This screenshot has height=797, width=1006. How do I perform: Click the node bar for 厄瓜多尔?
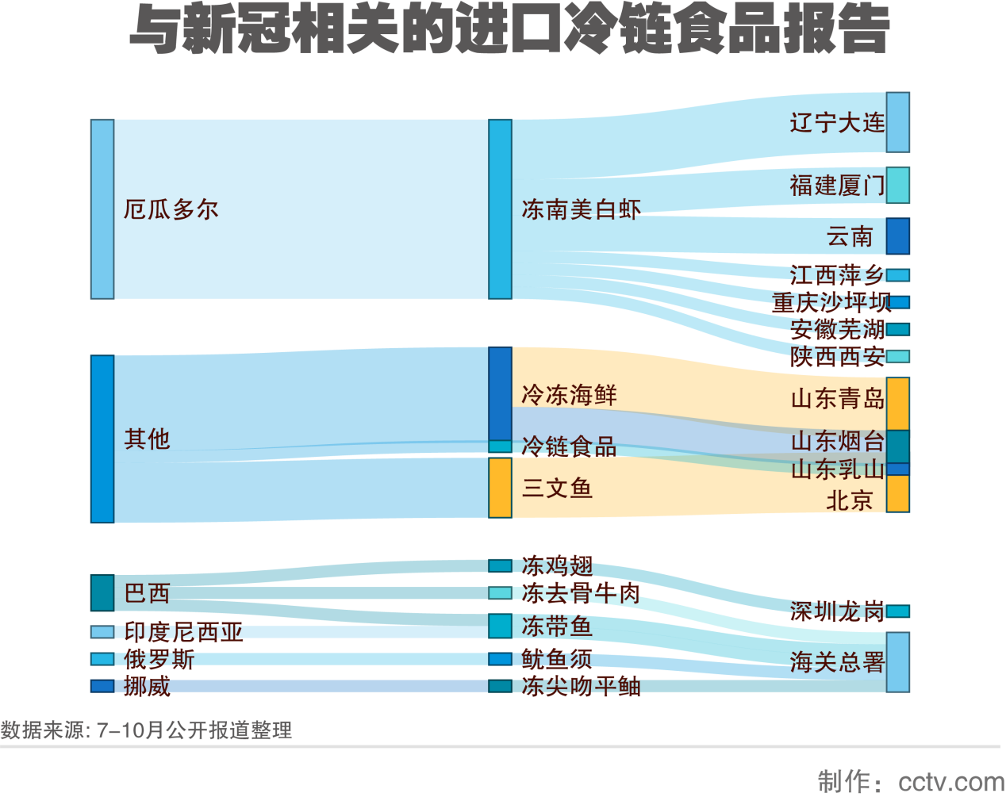pos(102,209)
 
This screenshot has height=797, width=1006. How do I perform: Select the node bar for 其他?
pos(102,439)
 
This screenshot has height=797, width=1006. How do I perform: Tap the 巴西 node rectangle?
pos(102,593)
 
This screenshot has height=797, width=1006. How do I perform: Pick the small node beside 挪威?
pos(102,686)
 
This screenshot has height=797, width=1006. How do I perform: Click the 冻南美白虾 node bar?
pos(500,209)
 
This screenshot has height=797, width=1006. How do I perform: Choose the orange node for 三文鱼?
pos(500,488)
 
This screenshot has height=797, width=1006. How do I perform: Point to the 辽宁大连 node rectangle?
pos(898,122)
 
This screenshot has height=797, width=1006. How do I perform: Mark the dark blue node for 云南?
pos(898,236)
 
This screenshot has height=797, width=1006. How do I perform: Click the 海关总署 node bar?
pos(898,662)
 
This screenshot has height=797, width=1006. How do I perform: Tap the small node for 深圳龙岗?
pos(898,611)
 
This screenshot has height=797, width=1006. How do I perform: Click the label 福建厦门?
pos(837,186)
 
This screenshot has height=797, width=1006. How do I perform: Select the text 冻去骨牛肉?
pos(581,593)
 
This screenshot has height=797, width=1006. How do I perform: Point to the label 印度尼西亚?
pos(183,632)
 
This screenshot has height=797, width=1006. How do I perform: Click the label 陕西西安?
pos(837,357)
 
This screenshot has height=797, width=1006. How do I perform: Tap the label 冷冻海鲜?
pos(569,395)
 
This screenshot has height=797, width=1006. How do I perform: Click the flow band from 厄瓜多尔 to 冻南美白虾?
pos(301,209)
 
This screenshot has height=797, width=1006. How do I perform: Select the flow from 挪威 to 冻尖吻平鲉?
pos(301,686)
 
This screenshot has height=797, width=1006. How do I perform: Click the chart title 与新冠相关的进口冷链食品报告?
pos(509,30)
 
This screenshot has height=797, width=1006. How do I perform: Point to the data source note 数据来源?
pos(146,730)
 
